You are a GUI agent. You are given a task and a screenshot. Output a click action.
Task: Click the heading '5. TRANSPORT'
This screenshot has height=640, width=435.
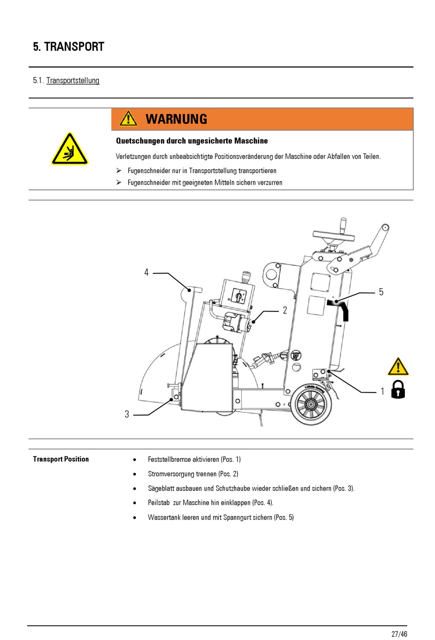pyautogui.click(x=69, y=47)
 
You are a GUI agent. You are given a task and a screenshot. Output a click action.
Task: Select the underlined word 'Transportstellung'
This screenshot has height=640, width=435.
pyautogui.click(x=73, y=81)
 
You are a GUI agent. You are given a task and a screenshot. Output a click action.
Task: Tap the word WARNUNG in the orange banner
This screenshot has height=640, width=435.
pyautogui.click(x=176, y=119)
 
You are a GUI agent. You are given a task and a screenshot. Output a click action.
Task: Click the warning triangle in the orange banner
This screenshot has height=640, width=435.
pyautogui.click(x=129, y=119)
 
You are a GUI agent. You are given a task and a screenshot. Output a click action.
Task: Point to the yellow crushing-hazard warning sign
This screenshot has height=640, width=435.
pyautogui.click(x=70, y=150)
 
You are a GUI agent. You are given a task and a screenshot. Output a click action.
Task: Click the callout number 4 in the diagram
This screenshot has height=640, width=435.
pyautogui.click(x=147, y=273)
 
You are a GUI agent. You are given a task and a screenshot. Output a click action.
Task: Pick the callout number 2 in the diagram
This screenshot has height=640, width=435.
pyautogui.click(x=285, y=311)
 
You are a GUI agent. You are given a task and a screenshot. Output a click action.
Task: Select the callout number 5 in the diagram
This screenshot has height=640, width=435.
pyautogui.click(x=381, y=292)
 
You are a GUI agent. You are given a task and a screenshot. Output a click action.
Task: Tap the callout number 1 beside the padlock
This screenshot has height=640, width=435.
pyautogui.click(x=383, y=392)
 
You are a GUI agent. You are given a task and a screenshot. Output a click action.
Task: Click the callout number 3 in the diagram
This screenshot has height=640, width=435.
pyautogui.click(x=127, y=414)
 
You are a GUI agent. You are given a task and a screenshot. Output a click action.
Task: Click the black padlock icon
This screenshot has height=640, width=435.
pyautogui.click(x=398, y=389)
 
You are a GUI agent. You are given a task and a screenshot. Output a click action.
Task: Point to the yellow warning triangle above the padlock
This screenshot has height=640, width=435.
pyautogui.click(x=398, y=367)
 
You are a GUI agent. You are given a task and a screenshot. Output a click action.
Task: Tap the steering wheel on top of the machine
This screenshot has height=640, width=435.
pyautogui.click(x=334, y=236)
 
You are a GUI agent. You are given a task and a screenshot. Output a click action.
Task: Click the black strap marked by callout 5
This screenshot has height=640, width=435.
pyautogui.click(x=341, y=308)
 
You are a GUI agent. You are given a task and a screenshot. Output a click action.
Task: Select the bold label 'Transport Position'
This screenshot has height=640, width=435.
pyautogui.click(x=61, y=459)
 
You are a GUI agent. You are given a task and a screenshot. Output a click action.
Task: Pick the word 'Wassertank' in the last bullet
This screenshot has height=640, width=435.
pyautogui.click(x=164, y=517)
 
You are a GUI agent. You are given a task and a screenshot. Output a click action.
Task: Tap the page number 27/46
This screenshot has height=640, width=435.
pyautogui.click(x=399, y=634)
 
